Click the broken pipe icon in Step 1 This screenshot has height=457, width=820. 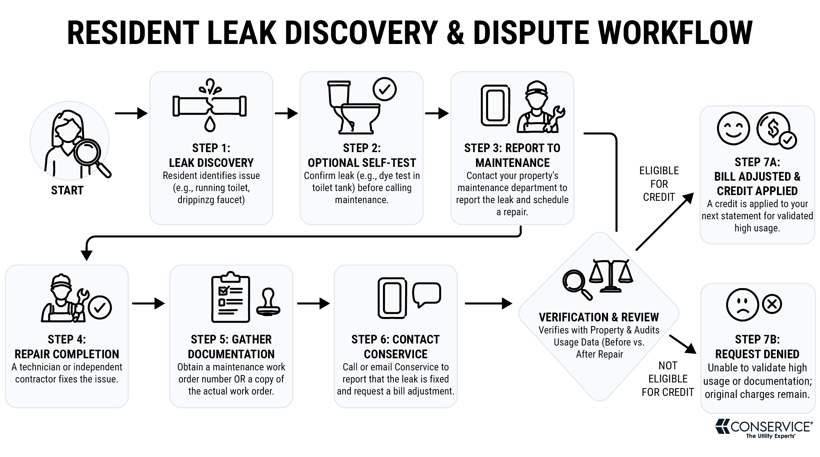pos(210,106)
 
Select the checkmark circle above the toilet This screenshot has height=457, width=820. pos(384,89)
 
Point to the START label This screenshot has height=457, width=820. pos(67,190)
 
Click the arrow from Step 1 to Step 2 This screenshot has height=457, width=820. pos(287,113)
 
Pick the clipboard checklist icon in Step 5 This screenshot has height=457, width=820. pos(230,297)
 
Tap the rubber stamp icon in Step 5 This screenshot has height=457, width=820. pos(268,302)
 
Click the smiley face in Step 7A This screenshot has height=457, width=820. pos(733,129)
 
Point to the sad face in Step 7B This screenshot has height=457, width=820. pos(742,305)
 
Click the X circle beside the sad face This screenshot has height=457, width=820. pos(772,304)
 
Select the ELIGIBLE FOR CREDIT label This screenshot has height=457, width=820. pos(659,184)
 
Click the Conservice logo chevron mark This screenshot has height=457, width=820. pos(723,426)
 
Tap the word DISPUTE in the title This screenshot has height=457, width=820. pos(531,33)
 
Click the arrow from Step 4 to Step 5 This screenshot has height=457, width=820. pos(148,304)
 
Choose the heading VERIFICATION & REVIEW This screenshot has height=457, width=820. pos(599,317)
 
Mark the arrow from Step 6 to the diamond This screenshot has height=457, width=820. pos(488,304)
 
